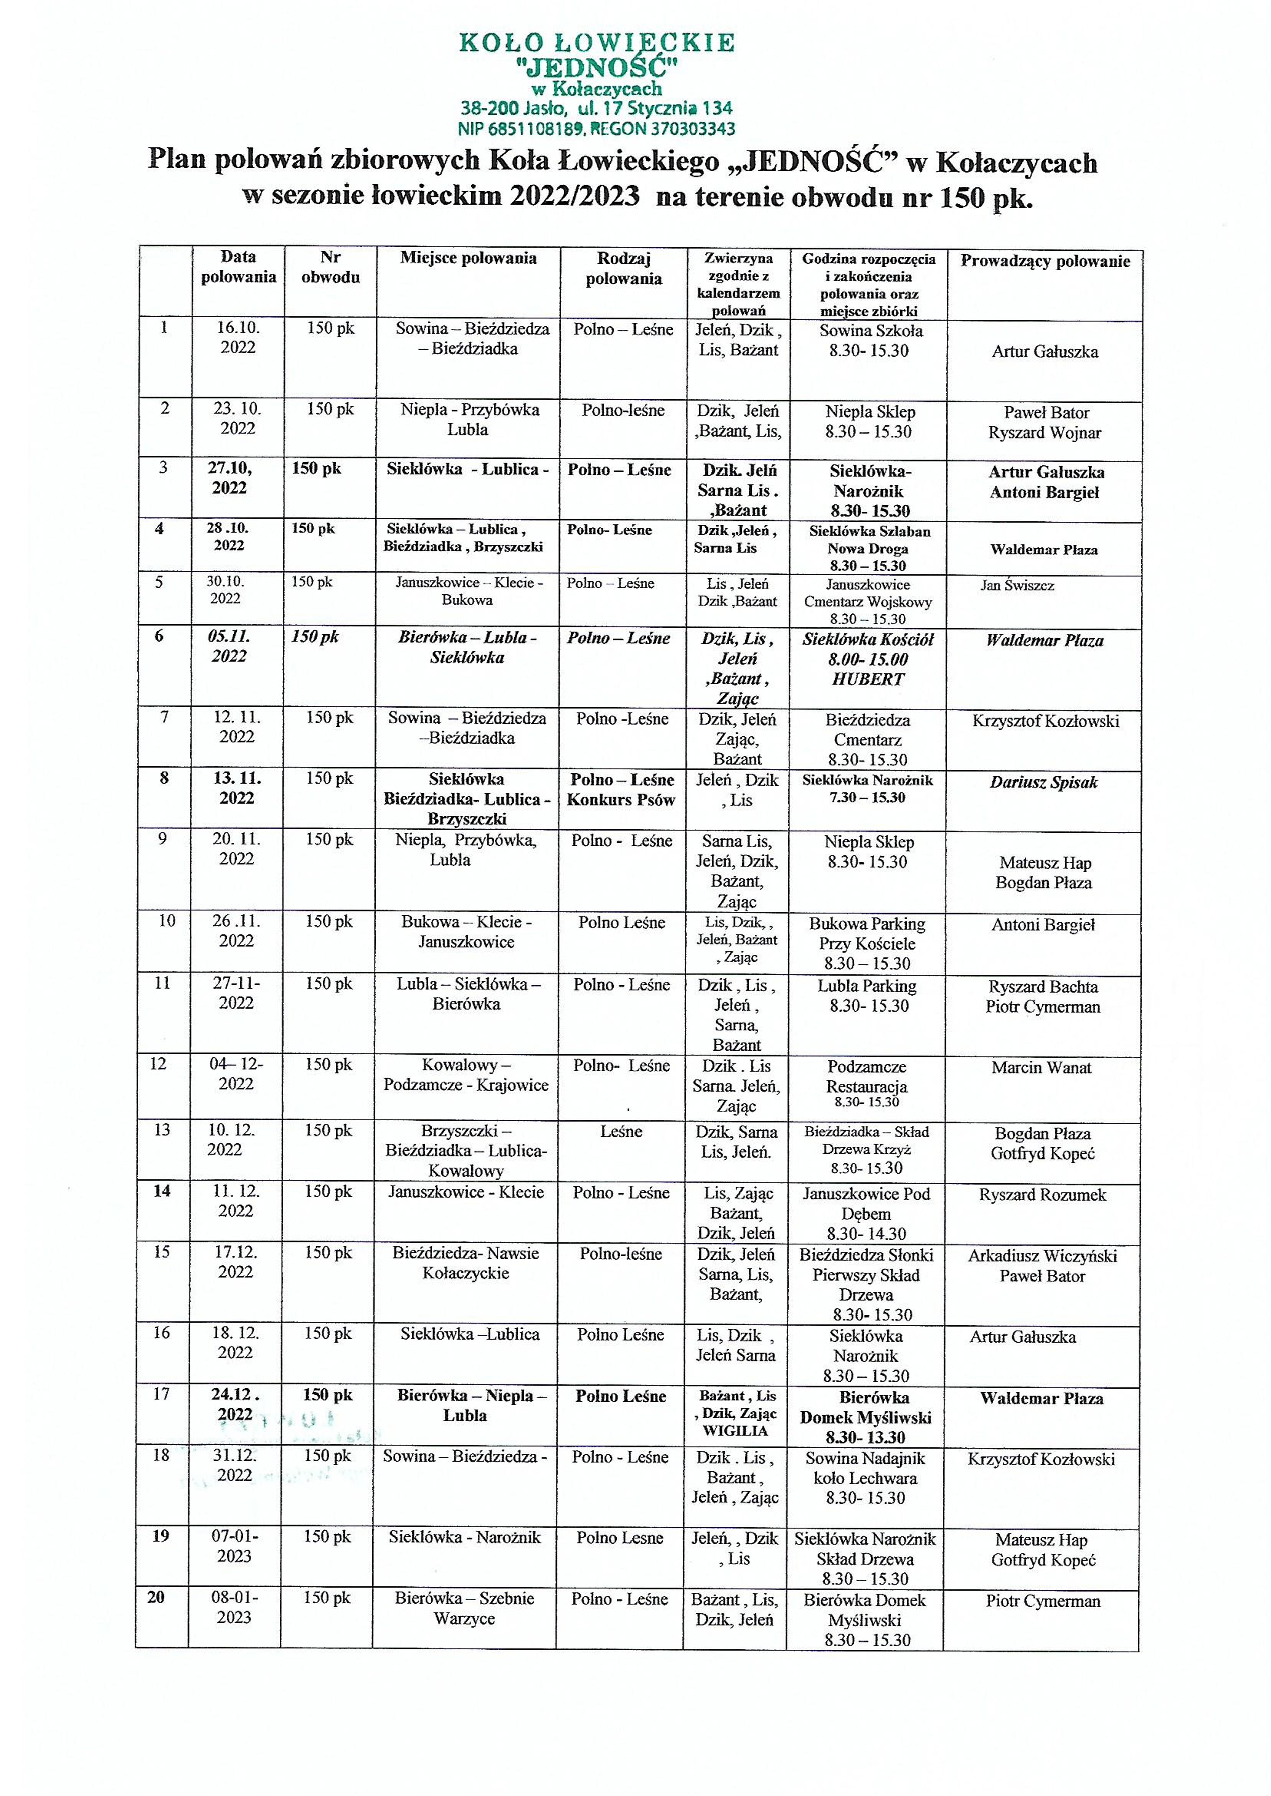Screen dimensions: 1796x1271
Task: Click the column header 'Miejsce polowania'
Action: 468,258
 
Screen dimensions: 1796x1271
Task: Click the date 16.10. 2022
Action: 238,338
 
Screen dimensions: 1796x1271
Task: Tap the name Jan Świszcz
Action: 1017,585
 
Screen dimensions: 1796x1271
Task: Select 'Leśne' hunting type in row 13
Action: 622,1131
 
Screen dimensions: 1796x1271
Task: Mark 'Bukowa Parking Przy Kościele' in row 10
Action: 867,934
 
